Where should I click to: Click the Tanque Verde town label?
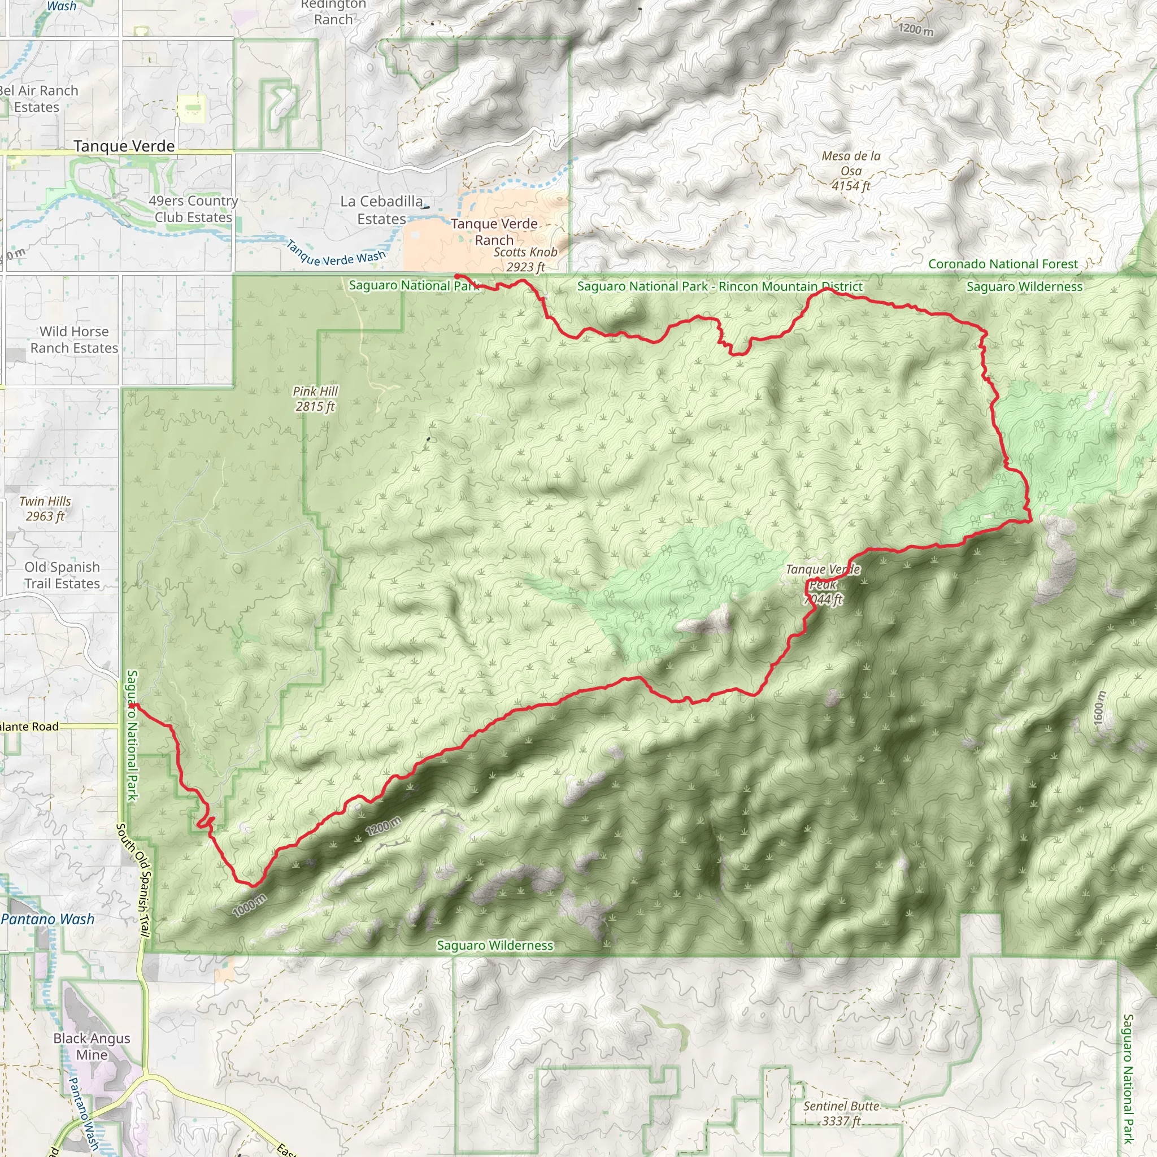(124, 146)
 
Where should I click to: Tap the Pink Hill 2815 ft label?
(316, 399)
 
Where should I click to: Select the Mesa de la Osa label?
(851, 171)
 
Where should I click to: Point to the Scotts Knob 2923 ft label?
(525, 259)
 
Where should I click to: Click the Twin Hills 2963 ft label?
(45, 508)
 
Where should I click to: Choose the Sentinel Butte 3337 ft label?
(841, 1113)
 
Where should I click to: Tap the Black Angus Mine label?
(92, 1046)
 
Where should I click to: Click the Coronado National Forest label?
(1003, 264)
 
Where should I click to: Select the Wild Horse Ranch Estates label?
(74, 340)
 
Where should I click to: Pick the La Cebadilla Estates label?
(382, 210)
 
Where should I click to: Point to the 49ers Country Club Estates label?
(193, 209)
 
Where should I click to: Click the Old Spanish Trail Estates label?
(62, 575)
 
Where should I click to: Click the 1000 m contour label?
(250, 905)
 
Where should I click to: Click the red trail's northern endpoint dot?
(457, 276)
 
